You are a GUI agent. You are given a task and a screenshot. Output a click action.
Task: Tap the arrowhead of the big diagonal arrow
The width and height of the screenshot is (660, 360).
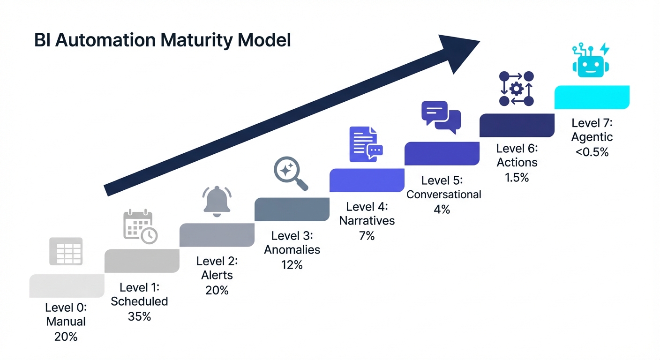(x=457, y=51)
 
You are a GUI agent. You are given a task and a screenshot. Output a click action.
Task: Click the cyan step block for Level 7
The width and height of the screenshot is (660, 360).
(x=592, y=97)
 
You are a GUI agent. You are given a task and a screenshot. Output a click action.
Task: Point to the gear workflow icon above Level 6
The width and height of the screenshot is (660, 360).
(x=516, y=89)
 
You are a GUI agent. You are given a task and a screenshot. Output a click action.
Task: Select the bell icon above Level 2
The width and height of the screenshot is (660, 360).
(x=217, y=201)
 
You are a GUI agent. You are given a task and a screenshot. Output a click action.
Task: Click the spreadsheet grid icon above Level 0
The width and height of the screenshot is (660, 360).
(x=66, y=251)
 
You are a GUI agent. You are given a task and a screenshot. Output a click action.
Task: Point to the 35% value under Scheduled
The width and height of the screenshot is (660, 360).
(x=139, y=316)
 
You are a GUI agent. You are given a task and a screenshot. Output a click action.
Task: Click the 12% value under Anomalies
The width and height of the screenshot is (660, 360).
(x=292, y=265)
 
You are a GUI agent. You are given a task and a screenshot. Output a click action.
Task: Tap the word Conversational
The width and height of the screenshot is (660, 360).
(x=443, y=194)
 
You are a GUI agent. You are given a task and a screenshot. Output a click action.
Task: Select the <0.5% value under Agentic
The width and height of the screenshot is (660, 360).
(x=592, y=152)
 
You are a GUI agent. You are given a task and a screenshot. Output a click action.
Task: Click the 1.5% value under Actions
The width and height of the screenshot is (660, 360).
(x=517, y=177)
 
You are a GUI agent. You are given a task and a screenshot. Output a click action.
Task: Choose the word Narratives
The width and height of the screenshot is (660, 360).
(x=367, y=220)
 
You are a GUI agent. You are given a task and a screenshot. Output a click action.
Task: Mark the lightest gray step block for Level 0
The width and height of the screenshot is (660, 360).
(x=67, y=286)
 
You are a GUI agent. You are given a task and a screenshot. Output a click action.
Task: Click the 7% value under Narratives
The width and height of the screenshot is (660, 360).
(x=367, y=236)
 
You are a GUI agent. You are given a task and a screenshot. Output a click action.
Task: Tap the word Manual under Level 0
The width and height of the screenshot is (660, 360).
(x=66, y=322)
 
